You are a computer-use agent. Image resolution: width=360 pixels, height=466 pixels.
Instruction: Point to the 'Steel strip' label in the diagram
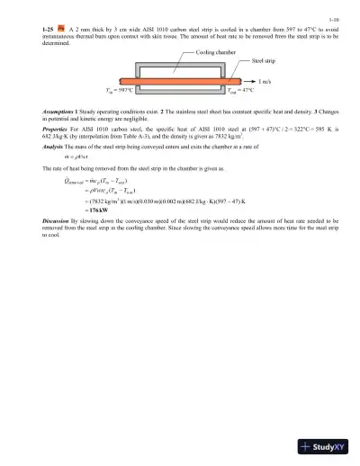[x=265, y=62]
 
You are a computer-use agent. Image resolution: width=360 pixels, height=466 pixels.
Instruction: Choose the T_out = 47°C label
[x=239, y=90]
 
